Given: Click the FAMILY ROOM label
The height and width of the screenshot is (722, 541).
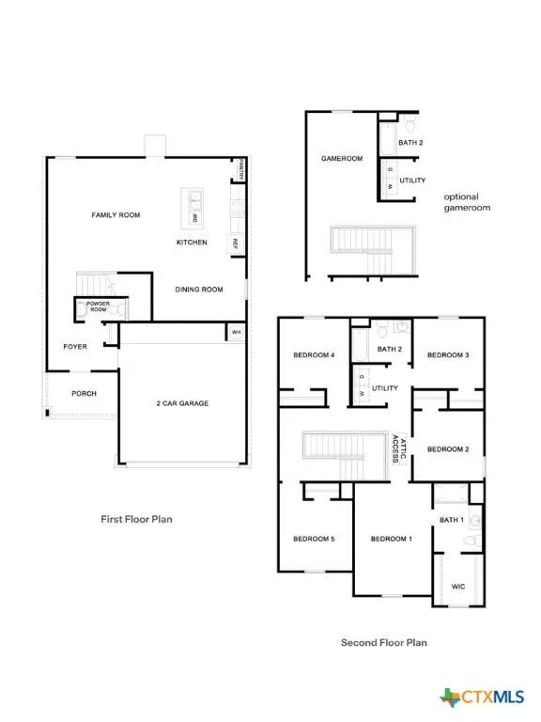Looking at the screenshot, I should (x=116, y=215).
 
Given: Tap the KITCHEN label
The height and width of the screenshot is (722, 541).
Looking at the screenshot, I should (x=192, y=243).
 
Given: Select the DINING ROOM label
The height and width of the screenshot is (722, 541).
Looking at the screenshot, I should (x=198, y=290).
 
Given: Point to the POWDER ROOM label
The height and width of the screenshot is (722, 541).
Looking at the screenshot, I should (x=99, y=307).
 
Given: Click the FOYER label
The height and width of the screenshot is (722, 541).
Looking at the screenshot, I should (x=75, y=347).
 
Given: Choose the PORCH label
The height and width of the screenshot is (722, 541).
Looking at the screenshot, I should (x=84, y=394).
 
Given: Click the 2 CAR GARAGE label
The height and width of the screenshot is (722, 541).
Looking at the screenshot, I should (x=182, y=403).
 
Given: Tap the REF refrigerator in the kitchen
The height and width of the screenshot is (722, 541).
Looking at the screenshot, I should (x=235, y=243).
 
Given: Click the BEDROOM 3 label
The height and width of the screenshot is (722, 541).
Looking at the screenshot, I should (x=448, y=355).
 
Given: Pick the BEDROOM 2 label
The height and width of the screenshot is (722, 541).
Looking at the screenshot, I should (x=448, y=449).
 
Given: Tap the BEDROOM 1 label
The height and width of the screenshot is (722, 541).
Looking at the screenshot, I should (x=391, y=539).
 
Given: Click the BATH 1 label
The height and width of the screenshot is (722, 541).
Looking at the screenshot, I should (x=452, y=520).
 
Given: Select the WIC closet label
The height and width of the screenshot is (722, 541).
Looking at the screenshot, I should (x=458, y=586).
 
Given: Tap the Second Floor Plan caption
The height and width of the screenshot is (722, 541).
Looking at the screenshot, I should (x=383, y=643).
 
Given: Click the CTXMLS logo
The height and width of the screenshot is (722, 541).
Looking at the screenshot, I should (x=486, y=697).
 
